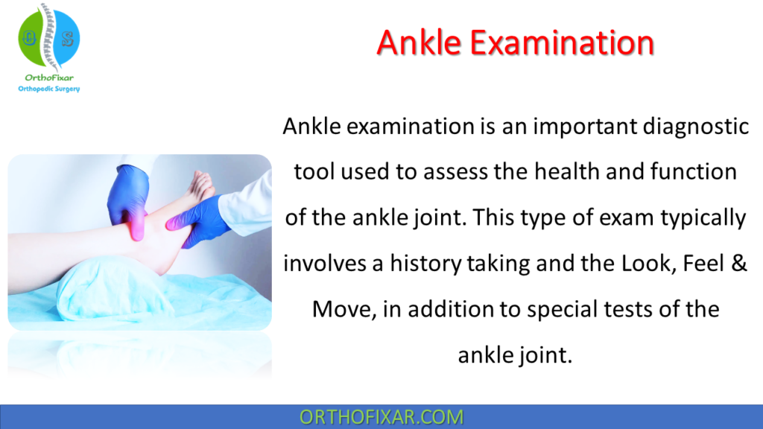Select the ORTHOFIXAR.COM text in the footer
tap(381, 417)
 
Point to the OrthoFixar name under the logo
tap(48, 78)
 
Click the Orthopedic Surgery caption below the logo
tap(48, 89)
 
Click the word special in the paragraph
tap(552, 309)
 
